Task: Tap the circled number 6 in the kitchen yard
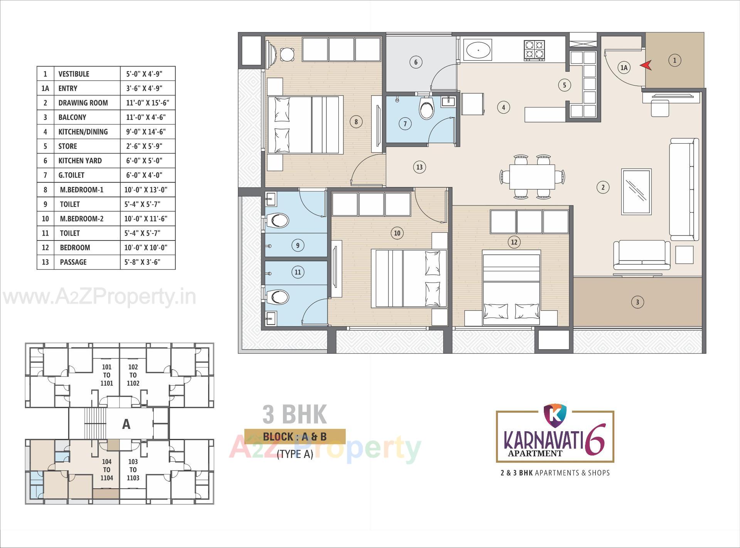tap(415, 62)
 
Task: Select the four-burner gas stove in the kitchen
tap(534, 50)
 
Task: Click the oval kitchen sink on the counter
tap(479, 50)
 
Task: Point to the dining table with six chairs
tap(532, 177)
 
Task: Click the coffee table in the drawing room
tap(636, 192)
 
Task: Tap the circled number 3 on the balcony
tap(637, 302)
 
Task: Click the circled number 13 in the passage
tap(419, 167)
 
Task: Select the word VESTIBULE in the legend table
tap(74, 74)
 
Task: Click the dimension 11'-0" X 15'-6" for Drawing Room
tap(148, 103)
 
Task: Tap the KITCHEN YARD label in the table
tap(80, 161)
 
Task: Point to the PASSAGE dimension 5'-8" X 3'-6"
tap(142, 262)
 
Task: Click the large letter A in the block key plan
tap(126, 424)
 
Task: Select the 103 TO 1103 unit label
tap(133, 470)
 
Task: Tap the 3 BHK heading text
tap(295, 414)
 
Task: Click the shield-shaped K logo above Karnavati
tap(555, 413)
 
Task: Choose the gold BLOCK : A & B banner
tap(295, 437)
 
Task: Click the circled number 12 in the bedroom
tap(514, 242)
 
